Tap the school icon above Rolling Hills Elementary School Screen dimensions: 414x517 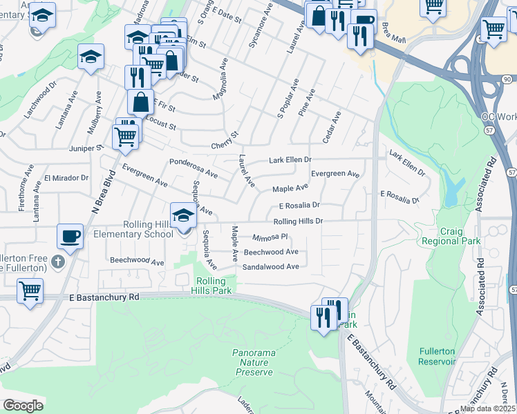(182, 215)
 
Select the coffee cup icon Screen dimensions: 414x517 (70, 237)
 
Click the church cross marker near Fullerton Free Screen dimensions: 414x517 (59, 262)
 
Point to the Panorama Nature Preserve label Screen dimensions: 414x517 (254, 362)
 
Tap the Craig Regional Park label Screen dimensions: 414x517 (460, 237)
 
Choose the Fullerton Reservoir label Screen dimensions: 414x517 (438, 356)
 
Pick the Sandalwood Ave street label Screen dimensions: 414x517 (271, 266)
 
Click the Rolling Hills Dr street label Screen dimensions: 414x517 (298, 221)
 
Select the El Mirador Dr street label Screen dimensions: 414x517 (67, 177)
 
